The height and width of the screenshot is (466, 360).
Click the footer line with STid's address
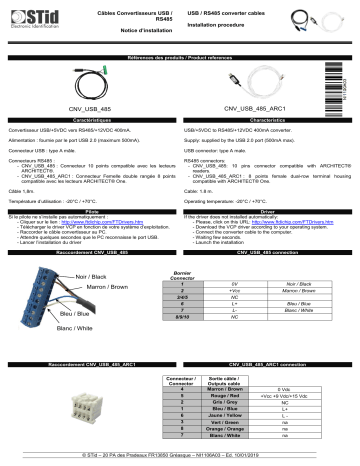[x=180, y=456]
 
